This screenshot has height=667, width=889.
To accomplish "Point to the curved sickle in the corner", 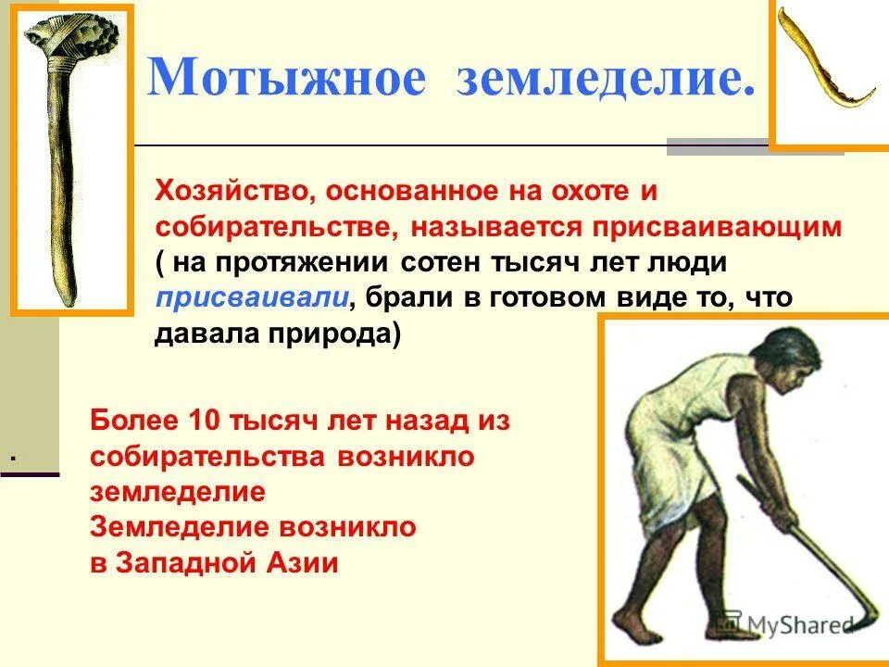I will [x=827, y=69].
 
